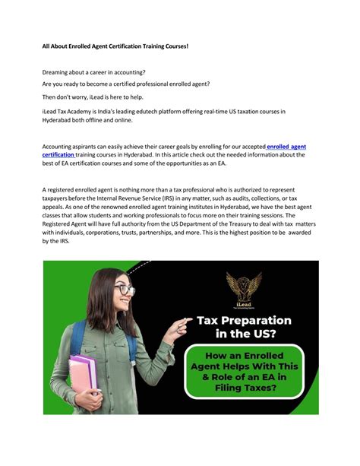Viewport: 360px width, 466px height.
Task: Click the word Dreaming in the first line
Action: pos(58,73)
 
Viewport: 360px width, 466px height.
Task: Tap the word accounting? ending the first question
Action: pos(128,73)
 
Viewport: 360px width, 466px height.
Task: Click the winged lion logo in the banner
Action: pos(244,288)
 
